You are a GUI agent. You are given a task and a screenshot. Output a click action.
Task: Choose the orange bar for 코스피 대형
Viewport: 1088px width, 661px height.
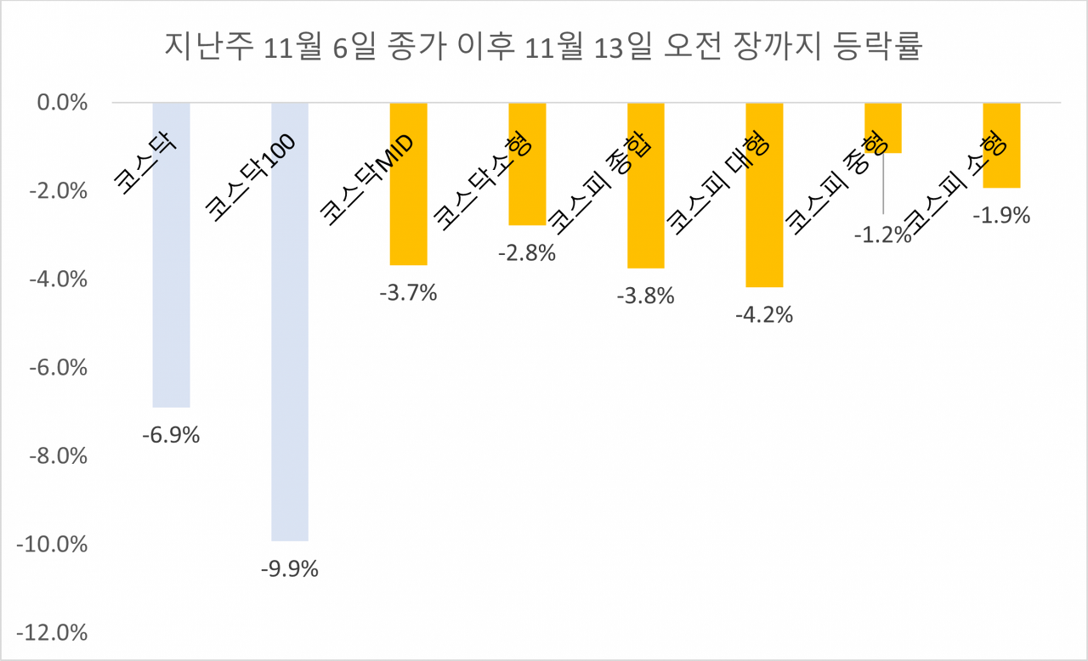point(764,238)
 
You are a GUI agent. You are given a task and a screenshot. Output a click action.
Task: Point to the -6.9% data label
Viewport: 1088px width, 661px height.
point(171,436)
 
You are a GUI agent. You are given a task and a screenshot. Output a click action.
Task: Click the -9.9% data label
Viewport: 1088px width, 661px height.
point(290,569)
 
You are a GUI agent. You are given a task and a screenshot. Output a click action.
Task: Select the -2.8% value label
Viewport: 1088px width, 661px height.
point(527,252)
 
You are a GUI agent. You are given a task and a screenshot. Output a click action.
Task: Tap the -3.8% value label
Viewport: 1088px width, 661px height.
point(646,296)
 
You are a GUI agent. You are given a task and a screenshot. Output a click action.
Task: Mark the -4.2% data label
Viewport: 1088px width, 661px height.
point(764,314)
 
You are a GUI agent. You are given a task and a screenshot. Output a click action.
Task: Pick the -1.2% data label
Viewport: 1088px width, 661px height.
point(883,235)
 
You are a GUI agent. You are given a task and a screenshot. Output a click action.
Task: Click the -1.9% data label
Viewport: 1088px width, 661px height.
point(1001,216)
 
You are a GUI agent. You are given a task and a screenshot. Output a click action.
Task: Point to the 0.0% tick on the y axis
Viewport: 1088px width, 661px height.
point(64,103)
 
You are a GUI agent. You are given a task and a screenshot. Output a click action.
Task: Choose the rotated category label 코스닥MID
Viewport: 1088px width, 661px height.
point(366,182)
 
